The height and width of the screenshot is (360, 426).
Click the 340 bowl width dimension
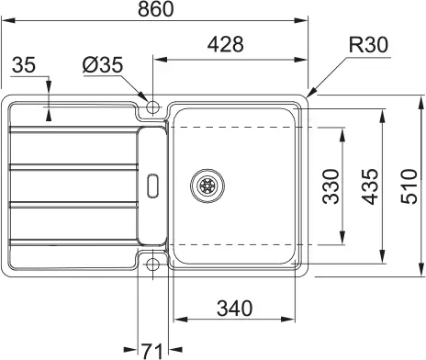point(235,308)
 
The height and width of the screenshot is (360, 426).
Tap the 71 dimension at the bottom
point(152,349)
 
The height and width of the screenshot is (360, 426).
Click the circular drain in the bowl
point(207,185)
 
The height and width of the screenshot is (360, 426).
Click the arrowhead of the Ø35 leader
point(147,98)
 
